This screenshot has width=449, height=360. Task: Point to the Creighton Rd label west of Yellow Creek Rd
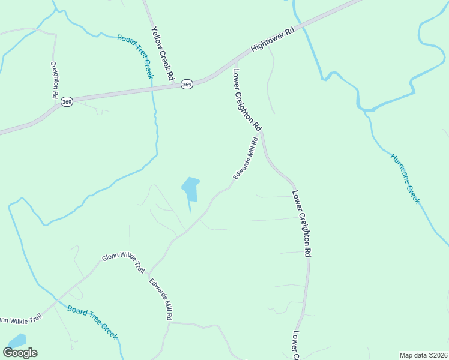[54, 80]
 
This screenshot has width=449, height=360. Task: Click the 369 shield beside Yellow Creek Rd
[187, 85]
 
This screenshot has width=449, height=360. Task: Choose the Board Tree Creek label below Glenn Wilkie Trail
[92, 323]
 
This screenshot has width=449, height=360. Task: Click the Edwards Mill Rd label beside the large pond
[246, 158]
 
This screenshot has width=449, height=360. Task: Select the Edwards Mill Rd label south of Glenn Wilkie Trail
[161, 298]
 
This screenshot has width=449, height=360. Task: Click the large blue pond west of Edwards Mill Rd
[190, 190]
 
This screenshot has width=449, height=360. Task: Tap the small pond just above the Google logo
[17, 340]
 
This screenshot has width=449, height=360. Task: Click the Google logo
[20, 353]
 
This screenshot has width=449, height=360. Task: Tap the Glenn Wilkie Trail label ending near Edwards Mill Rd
[124, 263]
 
